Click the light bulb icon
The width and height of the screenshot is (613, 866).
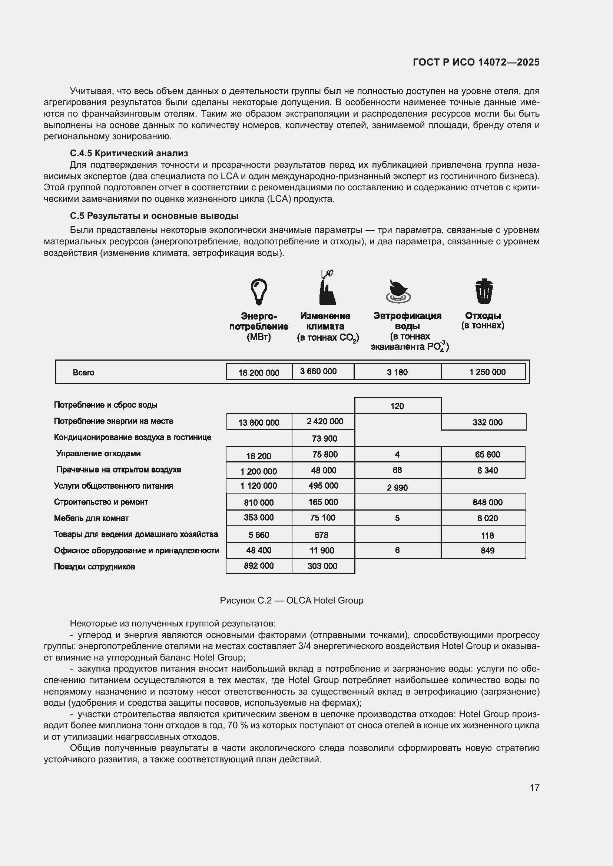tap(259, 291)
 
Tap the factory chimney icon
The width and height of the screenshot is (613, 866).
tap(327, 290)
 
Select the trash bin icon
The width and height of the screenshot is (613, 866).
tap(484, 291)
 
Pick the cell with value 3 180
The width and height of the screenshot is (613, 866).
tap(397, 372)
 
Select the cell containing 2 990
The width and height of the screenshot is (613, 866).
tap(397, 487)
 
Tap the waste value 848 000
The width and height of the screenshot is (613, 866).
tap(487, 502)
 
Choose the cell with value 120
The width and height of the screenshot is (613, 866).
tap(397, 406)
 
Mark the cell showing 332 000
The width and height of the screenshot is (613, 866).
tap(487, 422)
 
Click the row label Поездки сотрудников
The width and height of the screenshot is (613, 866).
tap(95, 566)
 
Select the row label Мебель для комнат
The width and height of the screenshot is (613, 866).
tap(91, 518)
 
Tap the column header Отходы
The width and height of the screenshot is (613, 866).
tap(483, 315)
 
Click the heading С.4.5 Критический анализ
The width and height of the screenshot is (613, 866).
tap(129, 153)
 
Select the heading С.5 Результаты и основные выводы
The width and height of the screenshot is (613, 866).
tap(154, 216)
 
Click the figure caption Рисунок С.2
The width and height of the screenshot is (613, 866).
tap(291, 600)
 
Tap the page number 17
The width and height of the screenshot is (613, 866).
tap(534, 787)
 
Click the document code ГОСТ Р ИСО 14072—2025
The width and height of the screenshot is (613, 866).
tap(476, 62)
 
